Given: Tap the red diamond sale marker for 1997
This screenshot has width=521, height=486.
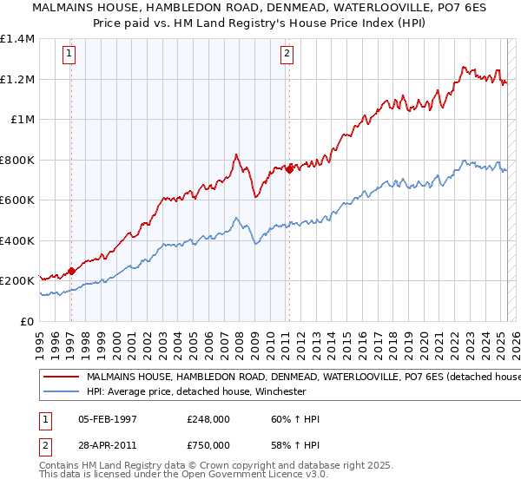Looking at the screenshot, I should click(x=71, y=271).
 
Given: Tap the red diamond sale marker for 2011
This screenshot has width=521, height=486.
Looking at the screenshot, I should click(x=289, y=170).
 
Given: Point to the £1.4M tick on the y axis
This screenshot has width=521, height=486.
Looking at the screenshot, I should click(x=17, y=39).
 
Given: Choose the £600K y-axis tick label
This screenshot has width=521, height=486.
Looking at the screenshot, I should click(x=17, y=200).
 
